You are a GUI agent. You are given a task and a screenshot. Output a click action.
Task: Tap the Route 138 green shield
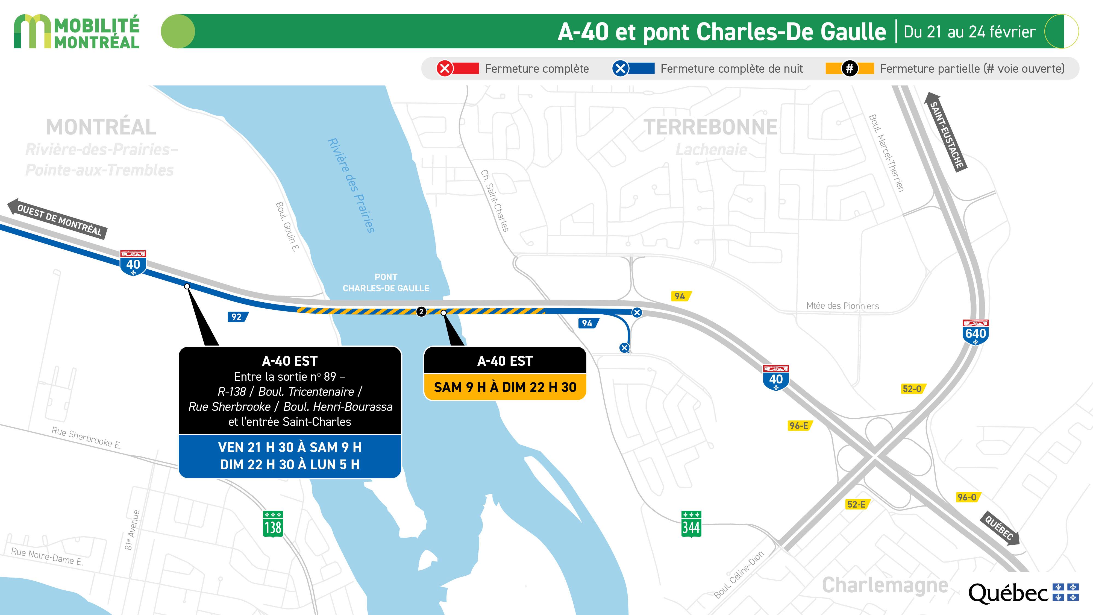coord(273,525)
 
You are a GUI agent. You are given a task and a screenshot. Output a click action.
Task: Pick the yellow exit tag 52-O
coord(913,389)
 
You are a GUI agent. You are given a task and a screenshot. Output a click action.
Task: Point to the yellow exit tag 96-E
coord(799,426)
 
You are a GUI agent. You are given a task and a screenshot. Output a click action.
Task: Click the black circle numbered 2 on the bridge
coord(421,312)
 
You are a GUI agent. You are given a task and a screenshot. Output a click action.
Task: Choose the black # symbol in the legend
coord(850,68)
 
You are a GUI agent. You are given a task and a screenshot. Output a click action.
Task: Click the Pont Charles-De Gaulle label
coord(386,283)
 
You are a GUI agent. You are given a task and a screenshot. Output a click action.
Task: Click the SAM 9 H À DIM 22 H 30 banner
coord(505,387)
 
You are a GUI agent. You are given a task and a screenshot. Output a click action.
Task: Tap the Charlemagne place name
coord(885,585)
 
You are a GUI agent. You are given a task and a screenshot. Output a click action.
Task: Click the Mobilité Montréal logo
coord(77,32)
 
